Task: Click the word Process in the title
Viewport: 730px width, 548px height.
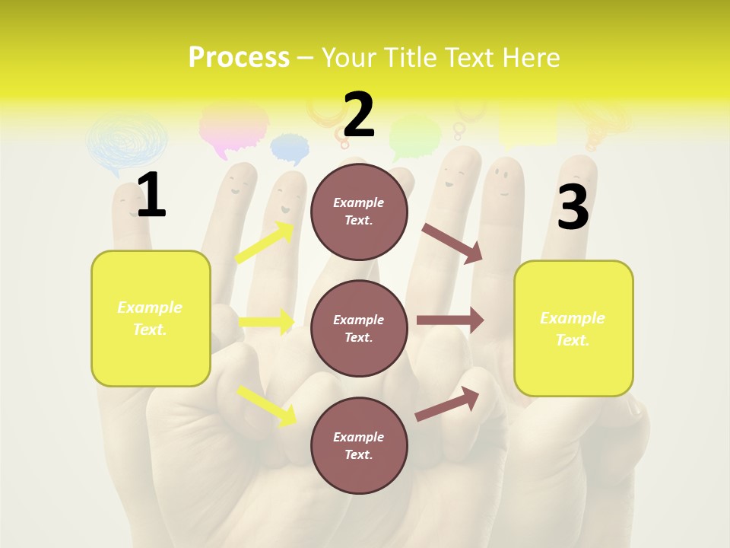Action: click(x=239, y=58)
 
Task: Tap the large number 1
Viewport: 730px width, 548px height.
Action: click(x=151, y=196)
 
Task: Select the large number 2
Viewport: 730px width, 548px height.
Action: click(x=359, y=115)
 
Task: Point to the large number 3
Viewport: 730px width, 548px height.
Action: click(x=573, y=208)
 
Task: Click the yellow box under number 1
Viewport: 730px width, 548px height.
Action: click(x=151, y=318)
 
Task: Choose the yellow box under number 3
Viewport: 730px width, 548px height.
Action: click(x=573, y=328)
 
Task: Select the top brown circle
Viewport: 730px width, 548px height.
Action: click(x=359, y=212)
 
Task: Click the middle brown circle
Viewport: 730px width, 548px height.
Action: click(x=359, y=328)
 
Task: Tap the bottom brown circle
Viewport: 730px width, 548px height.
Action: click(x=359, y=445)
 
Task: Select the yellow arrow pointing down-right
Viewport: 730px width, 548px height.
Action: click(x=267, y=405)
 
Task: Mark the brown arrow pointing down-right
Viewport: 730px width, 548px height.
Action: click(x=452, y=243)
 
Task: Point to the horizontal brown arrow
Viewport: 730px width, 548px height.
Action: click(x=450, y=320)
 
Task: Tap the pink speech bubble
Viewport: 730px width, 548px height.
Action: click(x=233, y=126)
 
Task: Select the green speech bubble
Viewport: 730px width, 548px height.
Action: click(x=414, y=135)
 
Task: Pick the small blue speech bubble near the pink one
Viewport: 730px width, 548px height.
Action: click(x=290, y=148)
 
